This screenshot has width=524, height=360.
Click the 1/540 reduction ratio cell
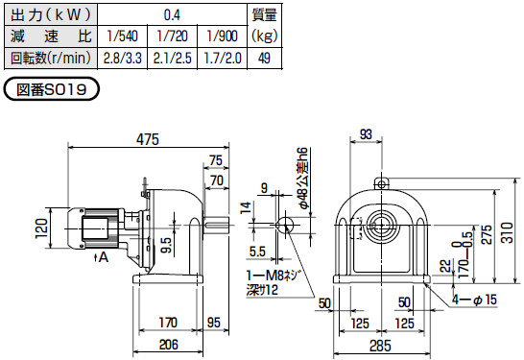pyautogui.click(x=122, y=36)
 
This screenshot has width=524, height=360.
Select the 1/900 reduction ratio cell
pyautogui.click(x=223, y=36)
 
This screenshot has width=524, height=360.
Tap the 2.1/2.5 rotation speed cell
pyautogui.click(x=173, y=59)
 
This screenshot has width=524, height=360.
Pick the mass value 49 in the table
pyautogui.click(x=264, y=59)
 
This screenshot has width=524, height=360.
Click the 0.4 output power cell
pyautogui.click(x=172, y=14)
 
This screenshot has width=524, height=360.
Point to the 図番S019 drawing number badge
pyautogui.click(x=52, y=89)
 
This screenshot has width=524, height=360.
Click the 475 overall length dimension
pyautogui.click(x=148, y=139)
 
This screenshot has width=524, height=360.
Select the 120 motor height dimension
pyautogui.click(x=41, y=228)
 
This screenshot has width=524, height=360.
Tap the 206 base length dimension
pyautogui.click(x=169, y=345)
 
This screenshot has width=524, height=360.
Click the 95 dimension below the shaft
pyautogui.click(x=214, y=323)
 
